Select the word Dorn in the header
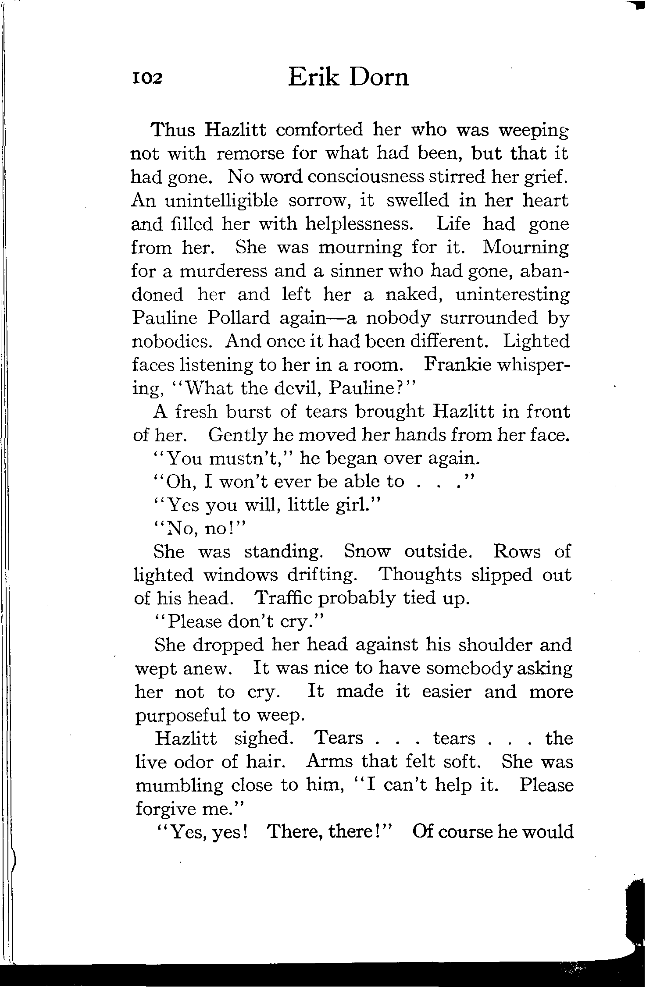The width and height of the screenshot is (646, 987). point(379,77)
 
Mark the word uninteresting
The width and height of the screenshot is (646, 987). point(513,295)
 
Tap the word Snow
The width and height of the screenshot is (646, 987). point(367,551)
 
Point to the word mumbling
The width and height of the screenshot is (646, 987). point(179,785)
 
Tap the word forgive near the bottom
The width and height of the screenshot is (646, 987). point(165,809)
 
